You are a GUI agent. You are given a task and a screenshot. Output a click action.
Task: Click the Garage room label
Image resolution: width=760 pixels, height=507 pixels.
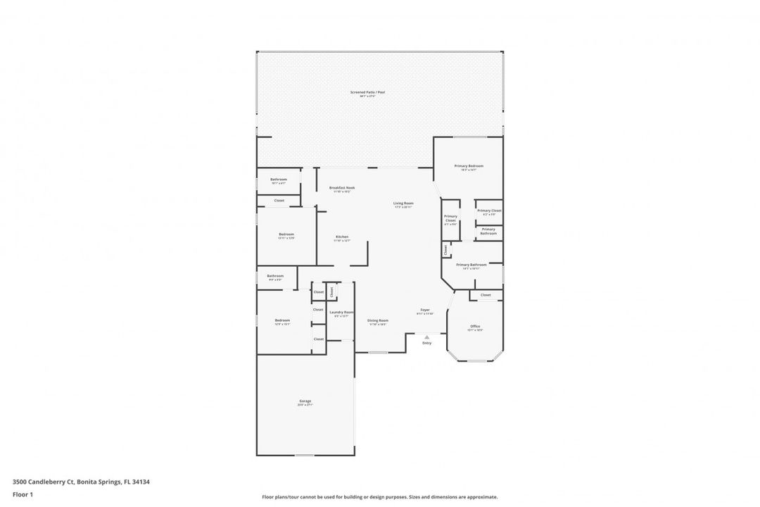coord(305,401)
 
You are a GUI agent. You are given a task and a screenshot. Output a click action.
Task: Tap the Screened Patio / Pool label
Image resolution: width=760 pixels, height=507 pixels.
coord(367,92)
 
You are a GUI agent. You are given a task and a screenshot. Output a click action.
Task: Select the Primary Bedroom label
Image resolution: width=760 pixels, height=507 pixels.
coord(469,165)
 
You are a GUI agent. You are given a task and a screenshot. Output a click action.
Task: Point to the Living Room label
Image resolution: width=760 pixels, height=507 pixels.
coord(403,204)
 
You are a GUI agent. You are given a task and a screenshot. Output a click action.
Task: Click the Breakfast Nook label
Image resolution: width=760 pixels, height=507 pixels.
coord(342,188)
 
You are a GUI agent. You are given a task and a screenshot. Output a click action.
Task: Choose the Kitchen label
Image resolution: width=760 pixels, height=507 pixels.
coord(342,237)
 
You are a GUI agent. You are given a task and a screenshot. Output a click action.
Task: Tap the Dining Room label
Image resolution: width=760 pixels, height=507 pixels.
coord(378,320)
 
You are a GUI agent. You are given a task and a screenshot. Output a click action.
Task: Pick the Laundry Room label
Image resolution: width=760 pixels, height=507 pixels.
coord(341,313)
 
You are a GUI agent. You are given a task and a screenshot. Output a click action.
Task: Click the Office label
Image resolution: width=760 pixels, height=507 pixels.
coord(476,326)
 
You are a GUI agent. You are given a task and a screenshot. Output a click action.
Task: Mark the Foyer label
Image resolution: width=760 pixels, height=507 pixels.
coord(425,310)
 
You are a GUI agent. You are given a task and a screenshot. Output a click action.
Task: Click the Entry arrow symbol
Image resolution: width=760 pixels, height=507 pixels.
coord(426,337)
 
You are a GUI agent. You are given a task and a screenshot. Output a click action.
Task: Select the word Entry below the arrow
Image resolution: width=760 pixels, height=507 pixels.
coord(426,343)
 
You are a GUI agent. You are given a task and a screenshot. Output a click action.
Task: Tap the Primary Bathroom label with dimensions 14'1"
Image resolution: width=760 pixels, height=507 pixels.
coord(471,265)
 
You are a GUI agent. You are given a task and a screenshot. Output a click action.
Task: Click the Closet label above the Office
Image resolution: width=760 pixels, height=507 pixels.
coord(486,295)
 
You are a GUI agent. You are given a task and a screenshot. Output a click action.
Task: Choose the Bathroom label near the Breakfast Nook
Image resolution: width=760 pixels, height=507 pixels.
coord(279,180)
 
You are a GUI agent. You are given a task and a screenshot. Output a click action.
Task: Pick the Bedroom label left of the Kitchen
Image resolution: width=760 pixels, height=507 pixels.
coord(286,234)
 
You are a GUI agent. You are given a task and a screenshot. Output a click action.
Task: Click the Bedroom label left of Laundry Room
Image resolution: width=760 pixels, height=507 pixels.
coord(282,320)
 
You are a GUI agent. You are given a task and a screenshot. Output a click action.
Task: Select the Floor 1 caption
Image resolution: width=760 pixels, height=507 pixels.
coord(23,495)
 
